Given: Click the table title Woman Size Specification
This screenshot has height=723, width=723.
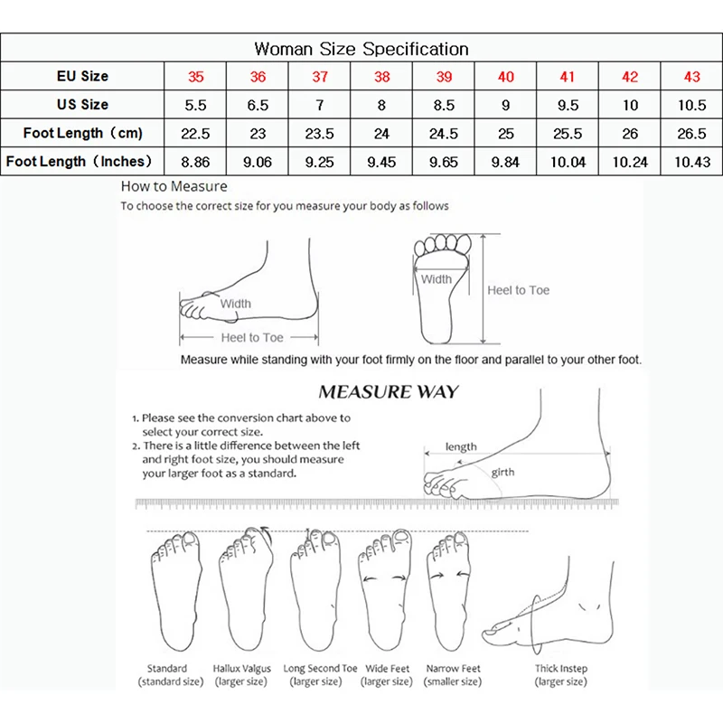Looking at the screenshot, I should [x=361, y=49].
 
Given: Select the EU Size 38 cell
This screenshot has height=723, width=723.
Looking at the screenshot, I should [x=382, y=77].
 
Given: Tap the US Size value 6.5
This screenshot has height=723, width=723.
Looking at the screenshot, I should [x=258, y=105].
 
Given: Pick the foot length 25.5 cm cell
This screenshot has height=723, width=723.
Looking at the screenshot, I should [x=568, y=134].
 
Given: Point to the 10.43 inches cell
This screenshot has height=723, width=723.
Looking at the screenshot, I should [x=691, y=163].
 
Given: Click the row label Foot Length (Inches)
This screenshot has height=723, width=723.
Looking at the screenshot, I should [x=82, y=163].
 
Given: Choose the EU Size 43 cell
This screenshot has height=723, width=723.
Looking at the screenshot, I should [x=691, y=77].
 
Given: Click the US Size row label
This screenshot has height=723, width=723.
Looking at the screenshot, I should [x=82, y=105].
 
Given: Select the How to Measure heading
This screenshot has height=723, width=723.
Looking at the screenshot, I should [x=174, y=187].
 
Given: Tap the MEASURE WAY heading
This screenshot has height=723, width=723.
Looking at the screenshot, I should [x=388, y=392].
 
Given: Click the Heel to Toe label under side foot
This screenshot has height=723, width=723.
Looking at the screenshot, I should [x=252, y=337].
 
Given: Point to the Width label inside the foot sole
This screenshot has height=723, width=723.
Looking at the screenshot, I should [x=436, y=279].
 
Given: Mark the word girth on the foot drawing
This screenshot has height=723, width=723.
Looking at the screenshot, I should [x=503, y=473].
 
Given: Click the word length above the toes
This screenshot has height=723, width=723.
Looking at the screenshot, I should [x=461, y=446].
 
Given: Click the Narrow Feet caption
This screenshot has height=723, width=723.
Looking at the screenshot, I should [x=453, y=669].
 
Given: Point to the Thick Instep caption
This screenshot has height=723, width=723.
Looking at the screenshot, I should [x=561, y=669].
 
